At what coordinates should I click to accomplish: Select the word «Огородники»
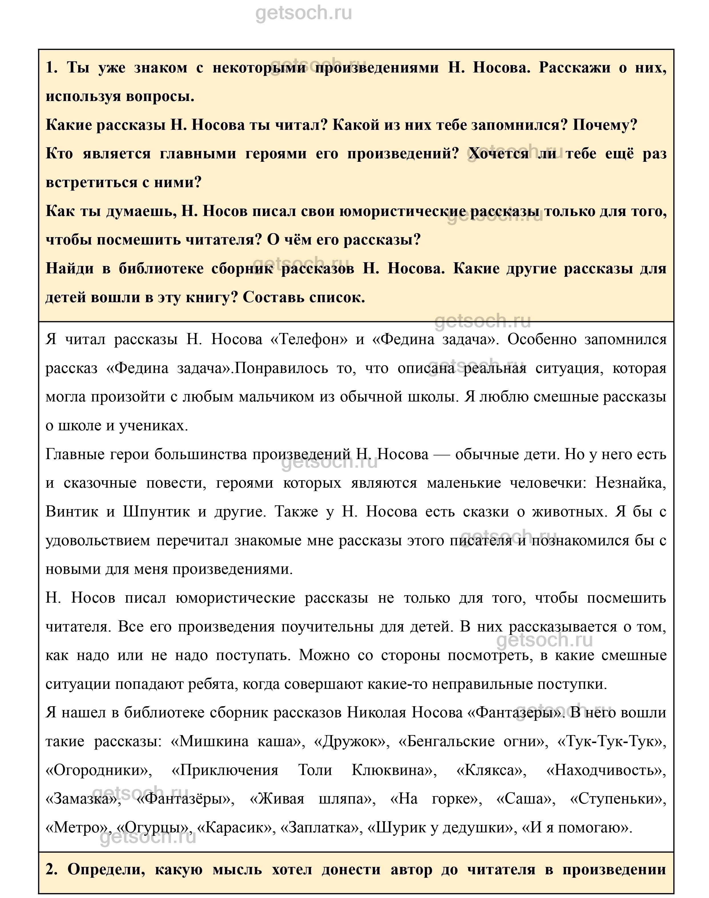[99, 770]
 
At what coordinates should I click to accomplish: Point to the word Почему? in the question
[605, 125]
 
